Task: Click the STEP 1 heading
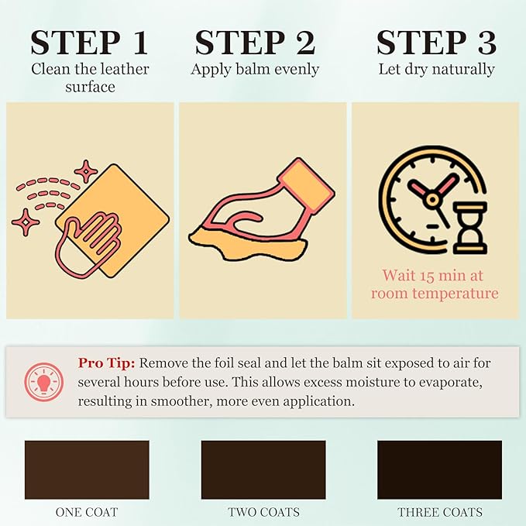(90, 43)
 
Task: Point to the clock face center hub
(432, 199)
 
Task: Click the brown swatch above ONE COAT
(87, 469)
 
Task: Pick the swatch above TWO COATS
(263, 469)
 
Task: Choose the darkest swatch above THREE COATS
(439, 469)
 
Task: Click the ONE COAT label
(87, 512)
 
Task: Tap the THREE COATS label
(439, 512)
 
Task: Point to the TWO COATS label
(263, 512)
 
